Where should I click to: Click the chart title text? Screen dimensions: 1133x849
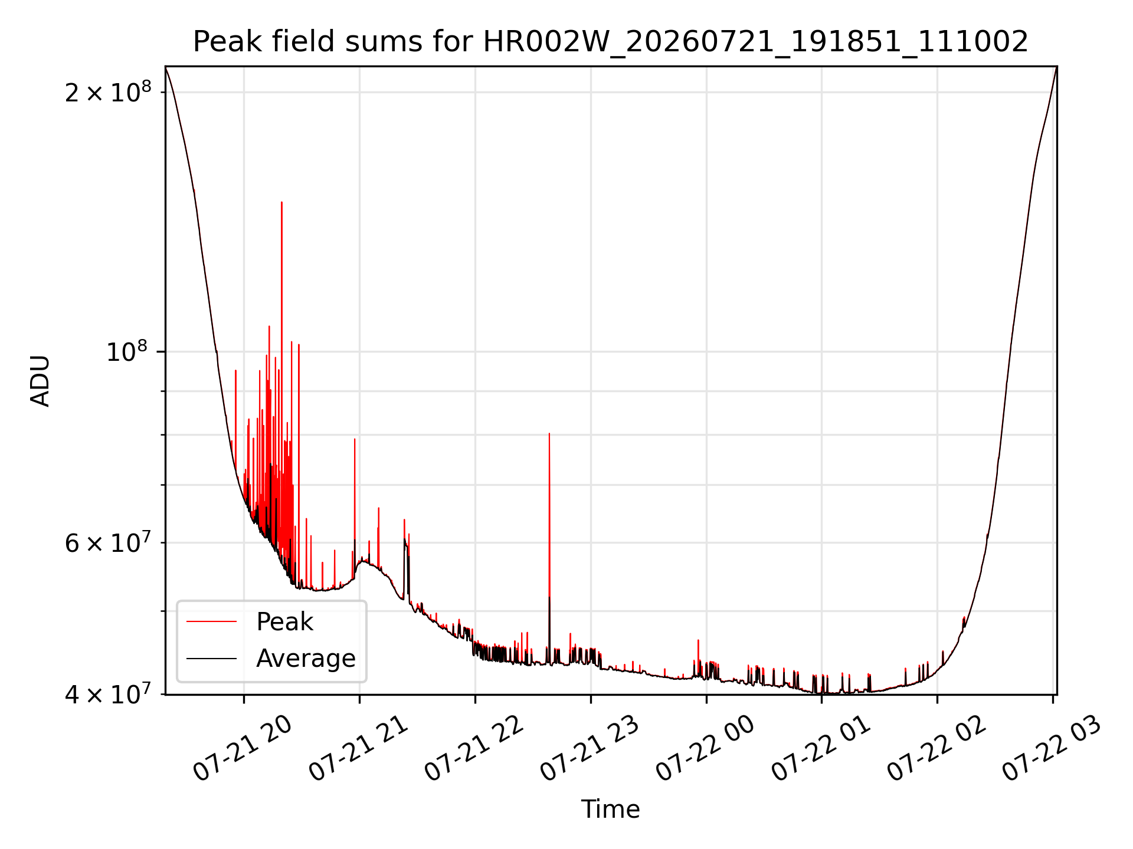[611, 42]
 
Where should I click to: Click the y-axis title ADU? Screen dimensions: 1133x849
[40, 381]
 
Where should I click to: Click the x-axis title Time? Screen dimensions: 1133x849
[611, 809]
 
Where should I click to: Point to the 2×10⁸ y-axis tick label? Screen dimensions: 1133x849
[108, 92]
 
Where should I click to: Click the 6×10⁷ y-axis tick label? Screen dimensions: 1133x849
[108, 542]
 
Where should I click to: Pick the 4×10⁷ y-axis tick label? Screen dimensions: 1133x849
[108, 694]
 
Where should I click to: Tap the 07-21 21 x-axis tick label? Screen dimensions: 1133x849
[359, 749]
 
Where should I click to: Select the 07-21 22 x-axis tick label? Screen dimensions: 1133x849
[474, 749]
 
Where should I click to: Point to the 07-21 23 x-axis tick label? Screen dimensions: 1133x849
[590, 749]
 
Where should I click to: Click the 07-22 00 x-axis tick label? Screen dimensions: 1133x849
[706, 749]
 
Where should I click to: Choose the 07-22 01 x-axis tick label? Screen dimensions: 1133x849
[821, 749]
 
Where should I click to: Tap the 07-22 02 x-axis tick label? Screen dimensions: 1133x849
[937, 749]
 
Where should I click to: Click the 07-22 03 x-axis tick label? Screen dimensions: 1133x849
[1053, 749]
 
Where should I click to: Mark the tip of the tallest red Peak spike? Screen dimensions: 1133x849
[281, 202]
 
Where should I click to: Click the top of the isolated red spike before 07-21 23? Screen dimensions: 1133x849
[549, 433]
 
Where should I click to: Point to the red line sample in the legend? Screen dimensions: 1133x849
[211, 621]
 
